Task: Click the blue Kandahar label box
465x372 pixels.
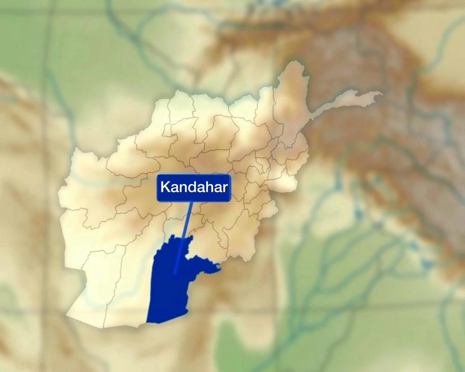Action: [x=194, y=188]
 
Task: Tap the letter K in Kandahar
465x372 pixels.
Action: [x=164, y=188]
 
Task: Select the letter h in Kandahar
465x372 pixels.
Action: [x=208, y=188]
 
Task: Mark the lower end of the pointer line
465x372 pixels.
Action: [x=174, y=272]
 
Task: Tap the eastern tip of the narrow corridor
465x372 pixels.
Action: [x=381, y=94]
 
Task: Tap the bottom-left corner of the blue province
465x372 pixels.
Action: [x=147, y=322]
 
